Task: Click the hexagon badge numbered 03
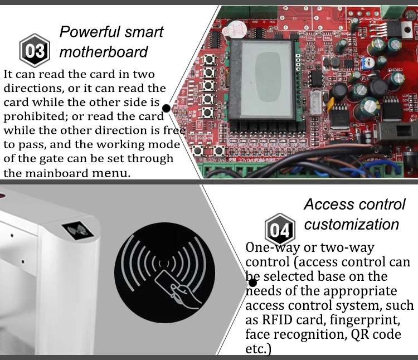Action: click(x=35, y=51)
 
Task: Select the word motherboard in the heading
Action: click(x=104, y=52)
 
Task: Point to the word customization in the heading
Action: click(x=352, y=224)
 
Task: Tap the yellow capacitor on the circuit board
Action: click(x=331, y=104)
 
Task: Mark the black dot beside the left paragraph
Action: click(x=166, y=108)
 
